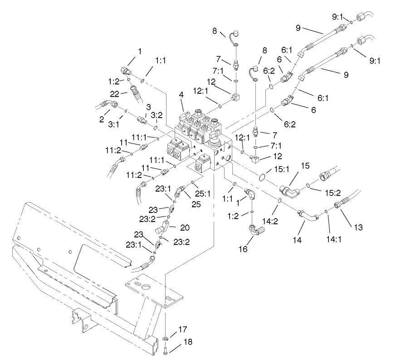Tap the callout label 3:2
click(156, 115)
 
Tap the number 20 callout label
click(185, 227)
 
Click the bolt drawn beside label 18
click(166, 350)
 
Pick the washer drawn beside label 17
click(166, 338)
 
